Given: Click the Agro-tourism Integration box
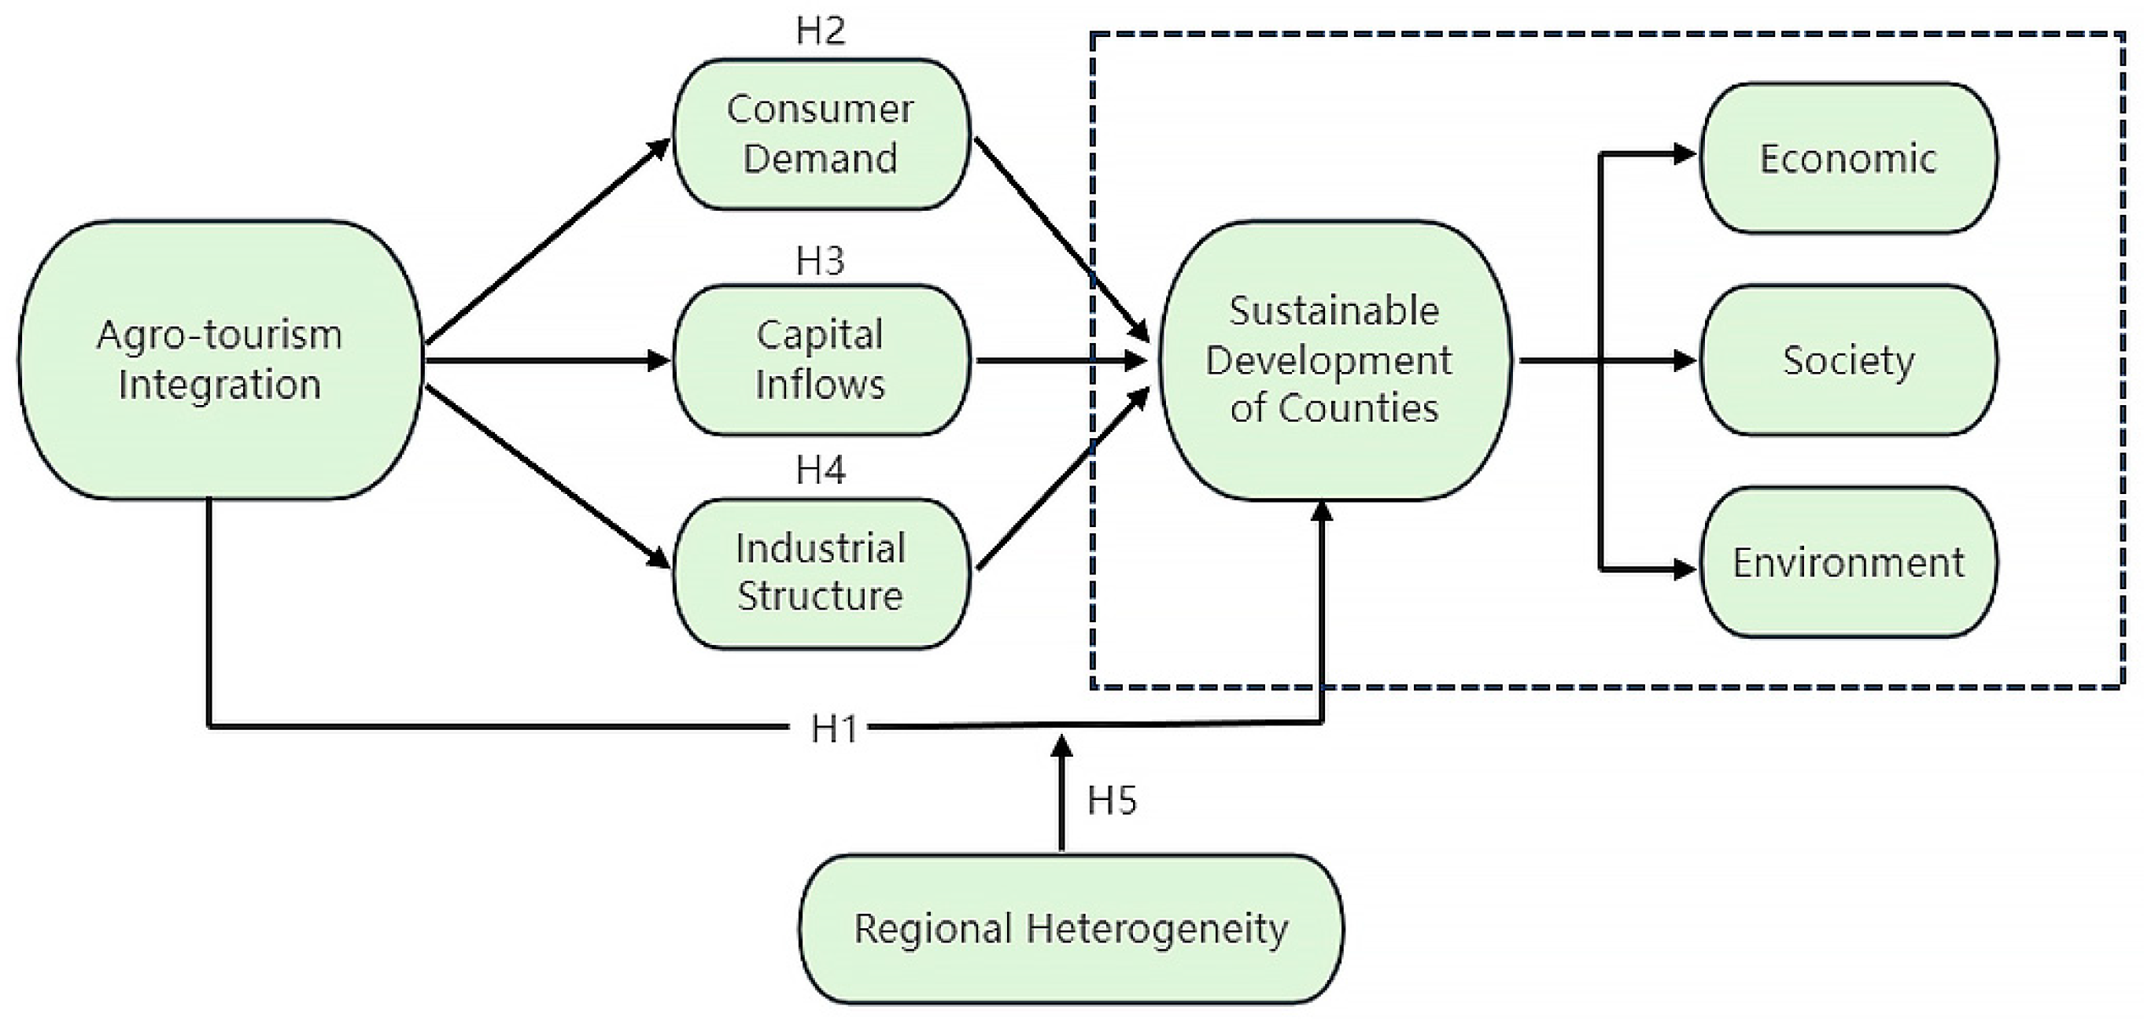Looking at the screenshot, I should tap(220, 360).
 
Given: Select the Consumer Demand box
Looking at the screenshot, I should tap(821, 134).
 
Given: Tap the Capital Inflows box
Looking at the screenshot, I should tap(821, 360).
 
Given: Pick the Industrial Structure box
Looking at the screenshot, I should tap(821, 573).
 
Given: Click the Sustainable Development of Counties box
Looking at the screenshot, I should tap(1335, 360).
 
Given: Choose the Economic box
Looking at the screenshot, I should tap(1847, 158).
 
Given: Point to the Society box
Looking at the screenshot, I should tap(1847, 360).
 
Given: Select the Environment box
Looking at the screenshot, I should tap(1847, 563).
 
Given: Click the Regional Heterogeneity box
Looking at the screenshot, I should tap(1071, 928).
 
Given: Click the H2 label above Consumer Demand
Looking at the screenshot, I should tap(821, 31).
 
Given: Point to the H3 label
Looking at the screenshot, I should tap(821, 261).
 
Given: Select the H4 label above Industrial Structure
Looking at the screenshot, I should tap(821, 471).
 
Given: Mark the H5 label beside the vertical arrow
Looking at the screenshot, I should tap(1112, 800).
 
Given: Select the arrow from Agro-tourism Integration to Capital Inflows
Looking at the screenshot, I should tap(541, 360).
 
